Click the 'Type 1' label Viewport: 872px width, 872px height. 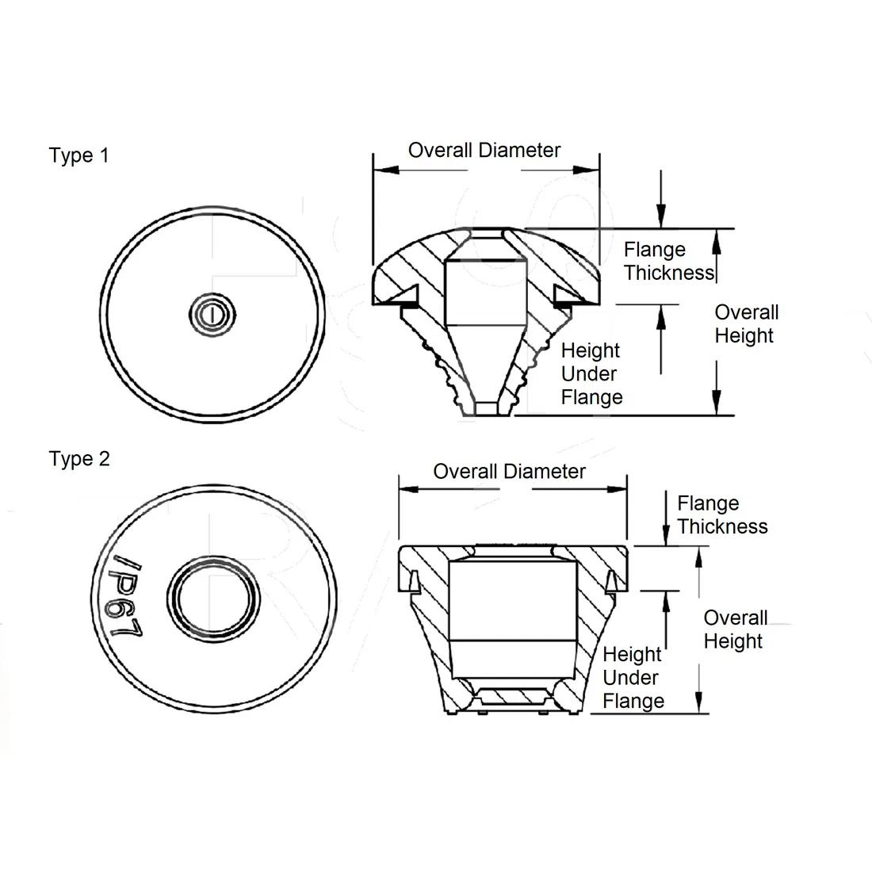pyautogui.click(x=78, y=155)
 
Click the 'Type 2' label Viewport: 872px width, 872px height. pyautogui.click(x=79, y=459)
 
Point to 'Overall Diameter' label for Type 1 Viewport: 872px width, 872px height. pyautogui.click(x=484, y=151)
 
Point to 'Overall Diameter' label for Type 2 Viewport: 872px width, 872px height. pyautogui.click(x=509, y=472)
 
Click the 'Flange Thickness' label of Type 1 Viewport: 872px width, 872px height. pyautogui.click(x=668, y=262)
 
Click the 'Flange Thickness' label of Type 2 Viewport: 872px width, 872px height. pyautogui.click(x=722, y=515)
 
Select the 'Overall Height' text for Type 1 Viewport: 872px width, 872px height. pyautogui.click(x=746, y=324)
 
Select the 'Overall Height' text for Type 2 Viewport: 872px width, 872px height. pyautogui.click(x=735, y=629)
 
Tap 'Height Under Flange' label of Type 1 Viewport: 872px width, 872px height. pyautogui.click(x=591, y=373)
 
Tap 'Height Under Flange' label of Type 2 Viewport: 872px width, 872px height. pyautogui.click(x=633, y=678)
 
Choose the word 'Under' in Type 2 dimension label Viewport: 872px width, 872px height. pyautogui.click(x=630, y=678)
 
